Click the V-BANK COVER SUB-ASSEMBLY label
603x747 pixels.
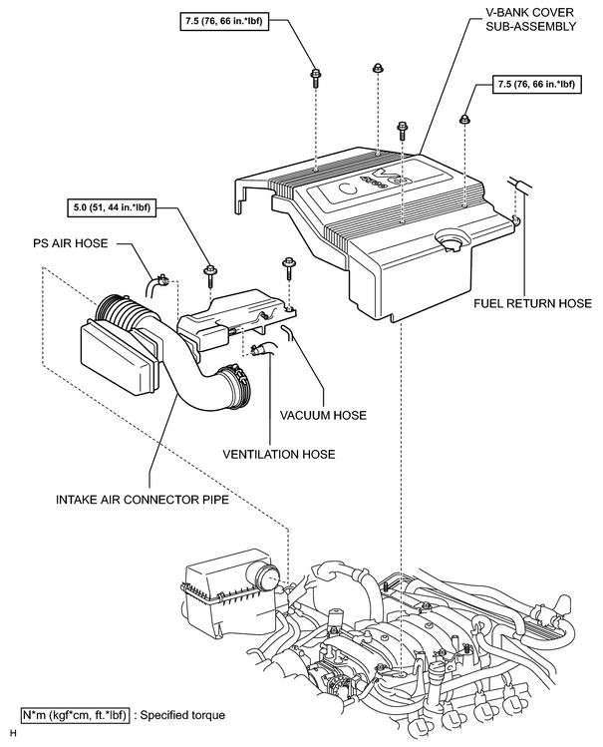point(530,19)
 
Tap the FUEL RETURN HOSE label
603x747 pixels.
point(532,303)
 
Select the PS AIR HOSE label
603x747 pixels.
point(71,243)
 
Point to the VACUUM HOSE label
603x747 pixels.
point(323,416)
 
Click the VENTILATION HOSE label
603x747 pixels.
point(279,454)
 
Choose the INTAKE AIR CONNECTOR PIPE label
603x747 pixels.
point(143,500)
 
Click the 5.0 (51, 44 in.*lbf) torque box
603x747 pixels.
point(113,207)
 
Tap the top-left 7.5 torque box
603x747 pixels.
point(224,21)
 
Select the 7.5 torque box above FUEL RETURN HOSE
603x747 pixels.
point(537,85)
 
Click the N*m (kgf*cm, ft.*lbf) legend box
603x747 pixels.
point(75,715)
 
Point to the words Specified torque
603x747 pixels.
point(183,715)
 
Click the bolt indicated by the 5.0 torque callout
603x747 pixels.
point(210,275)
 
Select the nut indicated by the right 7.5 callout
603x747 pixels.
point(464,119)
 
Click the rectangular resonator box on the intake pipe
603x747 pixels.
point(119,357)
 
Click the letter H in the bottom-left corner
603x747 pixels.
point(13,734)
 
